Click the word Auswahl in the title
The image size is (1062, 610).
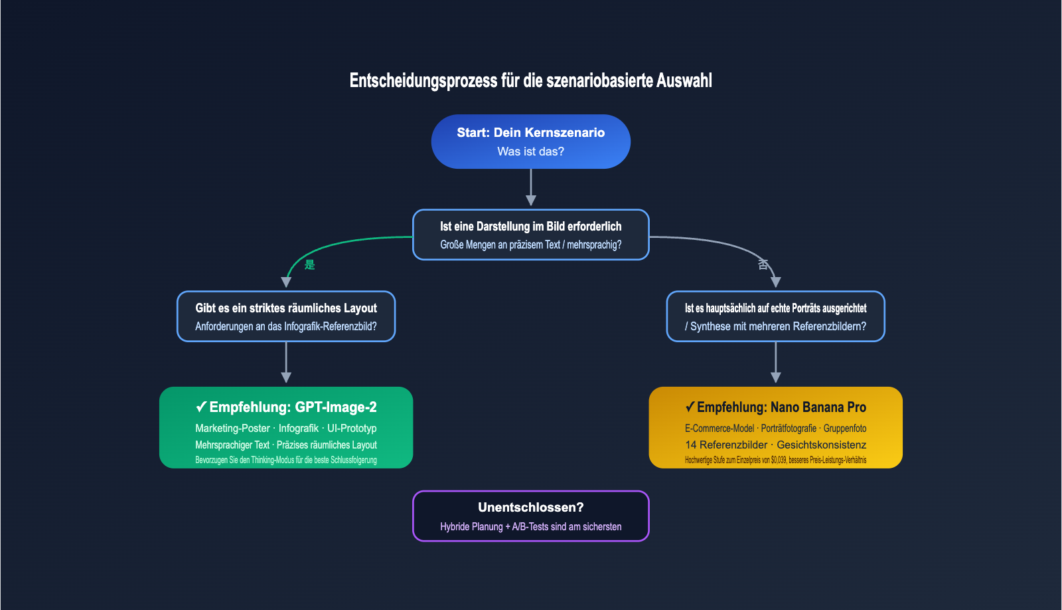(684, 80)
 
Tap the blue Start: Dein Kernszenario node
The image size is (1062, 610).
(530, 142)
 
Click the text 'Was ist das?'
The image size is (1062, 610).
(530, 152)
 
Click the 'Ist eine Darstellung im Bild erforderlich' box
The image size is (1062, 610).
(530, 235)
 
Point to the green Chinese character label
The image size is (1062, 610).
(309, 264)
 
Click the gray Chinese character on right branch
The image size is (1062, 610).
(763, 264)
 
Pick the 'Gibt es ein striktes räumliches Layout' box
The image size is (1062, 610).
(286, 316)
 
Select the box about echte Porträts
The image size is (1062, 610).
(775, 316)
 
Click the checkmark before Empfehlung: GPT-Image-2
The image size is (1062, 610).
(201, 407)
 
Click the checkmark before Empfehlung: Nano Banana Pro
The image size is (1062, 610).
(690, 407)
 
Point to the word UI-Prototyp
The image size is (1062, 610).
(352, 428)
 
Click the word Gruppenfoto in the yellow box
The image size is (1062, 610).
(845, 428)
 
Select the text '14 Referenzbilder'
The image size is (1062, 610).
(726, 445)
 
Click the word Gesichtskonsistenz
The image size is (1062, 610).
(821, 445)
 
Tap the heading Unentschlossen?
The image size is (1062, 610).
(530, 507)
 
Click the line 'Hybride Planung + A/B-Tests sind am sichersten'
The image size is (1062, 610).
(530, 526)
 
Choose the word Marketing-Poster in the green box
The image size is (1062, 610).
(232, 428)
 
